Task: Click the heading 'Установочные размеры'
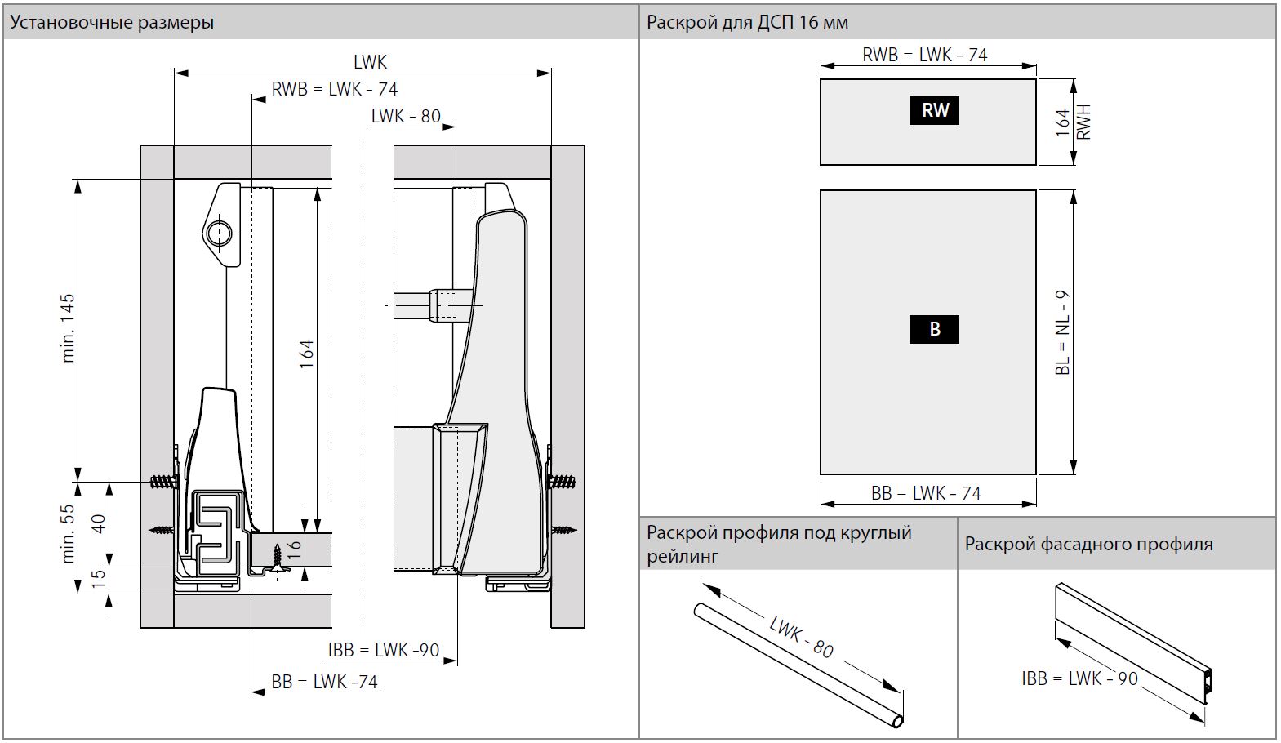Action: [112, 22]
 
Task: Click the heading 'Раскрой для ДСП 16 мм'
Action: [747, 22]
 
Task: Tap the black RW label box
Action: [935, 110]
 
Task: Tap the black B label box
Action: [935, 329]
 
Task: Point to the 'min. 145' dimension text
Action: [68, 328]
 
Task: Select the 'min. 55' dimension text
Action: [68, 534]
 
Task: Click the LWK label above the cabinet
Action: [370, 62]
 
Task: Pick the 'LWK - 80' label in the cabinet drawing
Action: [406, 116]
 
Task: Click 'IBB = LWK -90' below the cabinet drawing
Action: [384, 651]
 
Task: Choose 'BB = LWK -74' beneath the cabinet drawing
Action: [325, 682]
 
